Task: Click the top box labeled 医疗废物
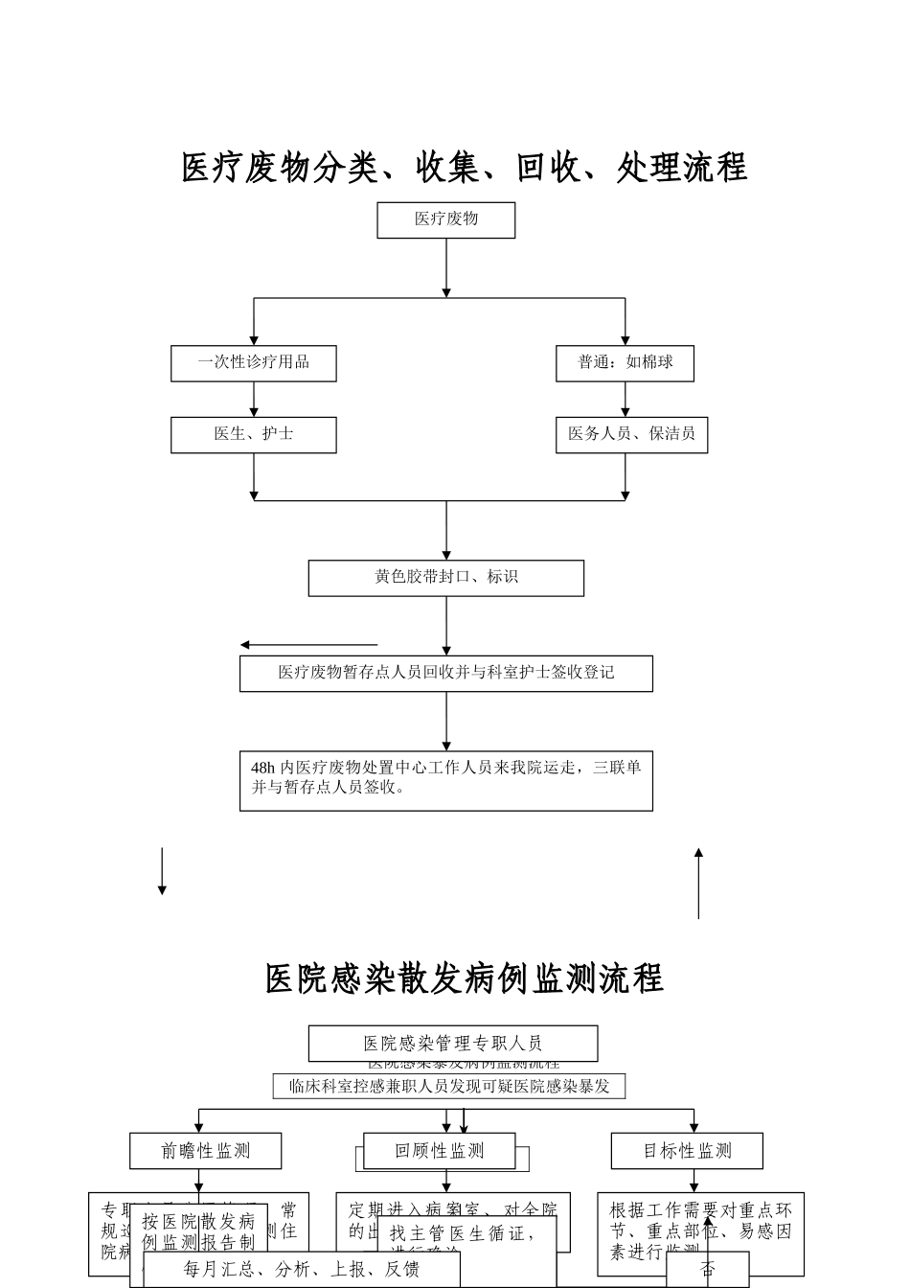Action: click(x=445, y=219)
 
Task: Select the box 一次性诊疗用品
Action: click(x=254, y=363)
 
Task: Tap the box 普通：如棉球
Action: click(x=625, y=363)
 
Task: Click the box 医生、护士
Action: click(x=254, y=434)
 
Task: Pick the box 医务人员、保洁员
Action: click(x=631, y=434)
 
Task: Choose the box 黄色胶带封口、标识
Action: click(x=445, y=578)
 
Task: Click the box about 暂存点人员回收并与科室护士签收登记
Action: click(x=445, y=673)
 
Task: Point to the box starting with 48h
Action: click(x=445, y=780)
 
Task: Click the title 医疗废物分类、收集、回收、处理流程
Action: click(x=464, y=168)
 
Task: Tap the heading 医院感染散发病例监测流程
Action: click(x=464, y=978)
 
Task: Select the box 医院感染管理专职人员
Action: click(x=452, y=1043)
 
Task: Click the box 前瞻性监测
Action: click(x=205, y=1150)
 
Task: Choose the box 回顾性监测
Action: click(x=440, y=1150)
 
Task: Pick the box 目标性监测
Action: click(x=687, y=1150)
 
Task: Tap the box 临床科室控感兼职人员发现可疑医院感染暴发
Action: click(x=449, y=1086)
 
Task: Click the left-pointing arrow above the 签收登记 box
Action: click(x=308, y=645)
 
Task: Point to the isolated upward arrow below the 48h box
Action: click(x=698, y=883)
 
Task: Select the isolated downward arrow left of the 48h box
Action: click(x=162, y=871)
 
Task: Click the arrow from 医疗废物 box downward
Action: click(x=446, y=268)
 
